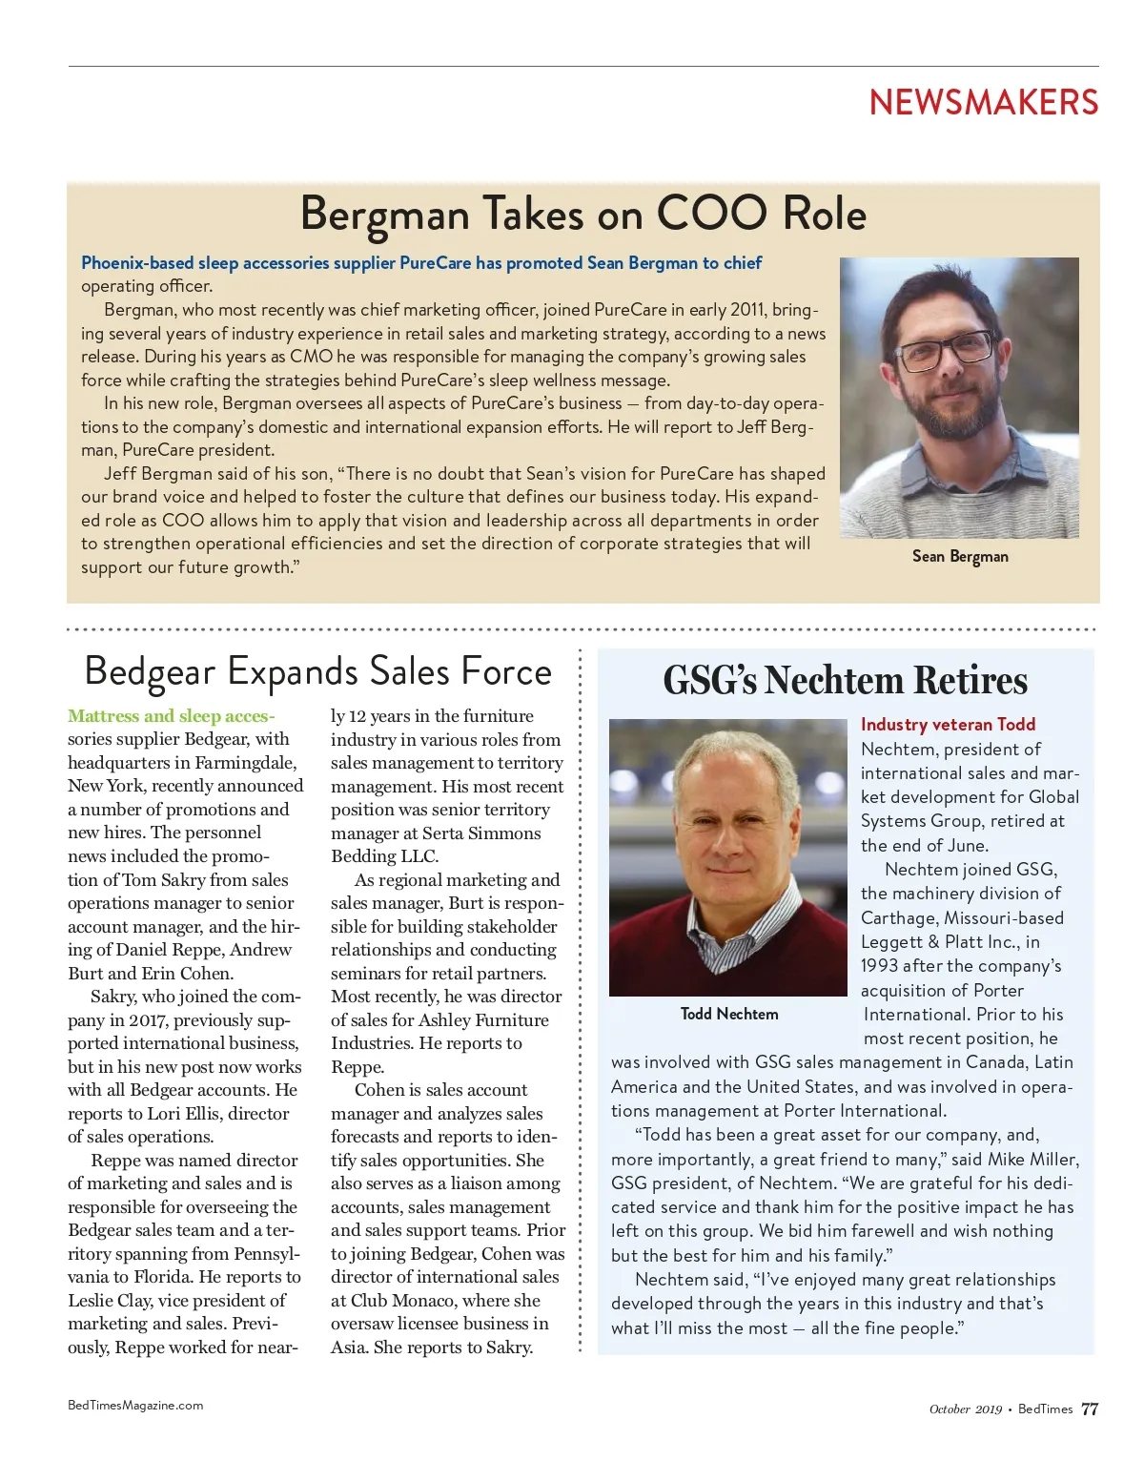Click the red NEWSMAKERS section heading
[983, 102]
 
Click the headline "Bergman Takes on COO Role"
[582, 214]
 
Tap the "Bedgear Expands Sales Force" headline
[317, 671]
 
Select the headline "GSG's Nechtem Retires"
[845, 681]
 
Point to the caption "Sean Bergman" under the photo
[959, 556]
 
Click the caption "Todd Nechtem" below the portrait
[729, 1014]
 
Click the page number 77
[1090, 1409]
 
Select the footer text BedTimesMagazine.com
[135, 1405]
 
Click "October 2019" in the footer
[965, 1409]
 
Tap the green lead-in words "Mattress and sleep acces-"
[171, 716]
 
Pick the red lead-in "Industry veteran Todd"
[948, 725]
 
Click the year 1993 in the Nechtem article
[879, 966]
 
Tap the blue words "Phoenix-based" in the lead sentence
[137, 263]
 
